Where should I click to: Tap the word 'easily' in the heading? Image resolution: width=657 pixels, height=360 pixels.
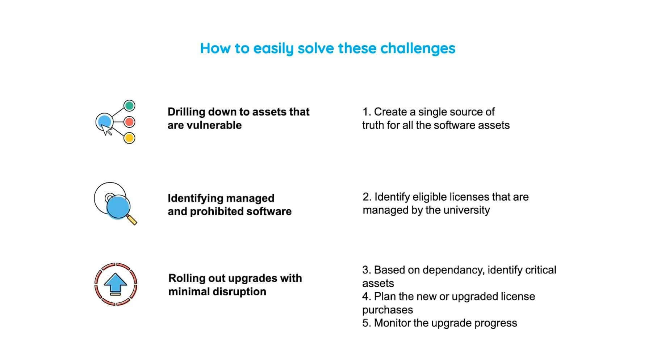tap(273, 48)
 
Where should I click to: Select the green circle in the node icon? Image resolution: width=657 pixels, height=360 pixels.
tap(129, 106)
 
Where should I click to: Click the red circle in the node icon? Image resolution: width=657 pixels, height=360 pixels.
tap(129, 122)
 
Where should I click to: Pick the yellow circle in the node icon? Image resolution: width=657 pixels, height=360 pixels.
tap(129, 138)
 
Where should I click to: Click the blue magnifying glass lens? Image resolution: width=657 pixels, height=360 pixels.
tap(118, 207)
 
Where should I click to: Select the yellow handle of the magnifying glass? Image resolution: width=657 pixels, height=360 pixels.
tap(132, 220)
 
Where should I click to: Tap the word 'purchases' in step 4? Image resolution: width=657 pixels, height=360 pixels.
tap(387, 310)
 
